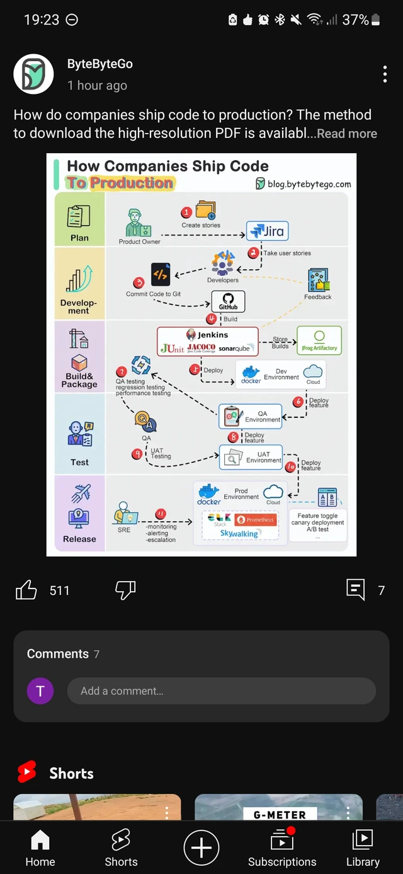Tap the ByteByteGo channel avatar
point(33,74)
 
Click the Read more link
point(347,134)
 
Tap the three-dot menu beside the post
point(385,74)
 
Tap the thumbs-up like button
point(26,590)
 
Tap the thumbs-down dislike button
point(125,590)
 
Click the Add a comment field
point(222,691)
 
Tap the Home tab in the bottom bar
point(40,848)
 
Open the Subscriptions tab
point(282,848)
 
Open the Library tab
point(363,848)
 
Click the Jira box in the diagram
point(268,231)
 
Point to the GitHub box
point(228,302)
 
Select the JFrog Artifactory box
point(319,340)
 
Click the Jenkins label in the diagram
point(213,335)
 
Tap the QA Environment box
point(251,417)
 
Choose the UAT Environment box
point(251,457)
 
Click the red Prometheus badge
point(256,520)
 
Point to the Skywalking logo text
point(239,534)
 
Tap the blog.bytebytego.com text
point(309,184)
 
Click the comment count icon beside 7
point(356,590)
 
